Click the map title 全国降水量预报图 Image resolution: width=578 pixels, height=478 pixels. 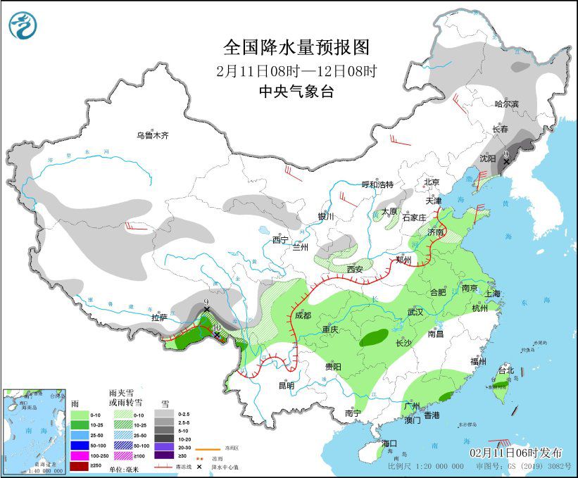[296, 47]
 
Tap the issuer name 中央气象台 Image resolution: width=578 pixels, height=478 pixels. [296, 91]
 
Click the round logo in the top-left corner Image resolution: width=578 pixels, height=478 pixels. [23, 25]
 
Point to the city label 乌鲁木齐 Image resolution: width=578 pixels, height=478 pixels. [153, 135]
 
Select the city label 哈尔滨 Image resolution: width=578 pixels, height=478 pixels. [505, 104]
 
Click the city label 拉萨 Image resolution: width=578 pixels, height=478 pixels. [160, 317]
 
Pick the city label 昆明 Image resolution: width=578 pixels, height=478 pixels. [287, 385]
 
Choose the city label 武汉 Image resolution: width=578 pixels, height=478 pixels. [415, 311]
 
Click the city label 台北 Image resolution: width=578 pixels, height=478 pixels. [506, 370]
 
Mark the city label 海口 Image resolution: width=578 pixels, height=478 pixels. [389, 444]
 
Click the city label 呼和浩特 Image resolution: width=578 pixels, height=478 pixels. [377, 184]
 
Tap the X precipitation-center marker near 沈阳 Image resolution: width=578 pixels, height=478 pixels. [505, 161]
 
